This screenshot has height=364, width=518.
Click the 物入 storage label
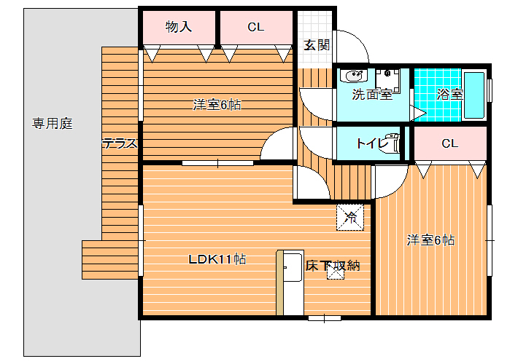coord(179,27)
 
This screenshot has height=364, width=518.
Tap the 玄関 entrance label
coord(317,45)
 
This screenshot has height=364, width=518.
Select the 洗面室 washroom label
coord(372,95)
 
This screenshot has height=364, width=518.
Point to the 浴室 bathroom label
coord(449,95)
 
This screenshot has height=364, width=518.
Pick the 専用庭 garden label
coord(53,123)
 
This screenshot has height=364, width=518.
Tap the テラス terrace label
coord(120,143)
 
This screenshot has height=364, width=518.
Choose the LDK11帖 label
coord(217,259)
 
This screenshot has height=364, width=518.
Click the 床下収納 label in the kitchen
coord(333,266)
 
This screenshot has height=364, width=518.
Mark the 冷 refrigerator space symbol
coord(350,217)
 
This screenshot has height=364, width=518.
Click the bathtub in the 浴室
coord(474,95)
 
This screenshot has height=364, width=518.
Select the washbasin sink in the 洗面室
coord(354,76)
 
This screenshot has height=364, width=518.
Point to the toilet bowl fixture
coord(390,143)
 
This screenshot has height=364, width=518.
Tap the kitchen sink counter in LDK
coord(290,282)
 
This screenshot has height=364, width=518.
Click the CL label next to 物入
coord(256,27)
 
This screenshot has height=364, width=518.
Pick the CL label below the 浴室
coord(450,143)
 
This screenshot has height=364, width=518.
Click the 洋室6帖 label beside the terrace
coord(217,105)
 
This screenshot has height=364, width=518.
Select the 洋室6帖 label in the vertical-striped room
coord(430,240)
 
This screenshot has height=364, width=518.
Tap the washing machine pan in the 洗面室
coord(387,81)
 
